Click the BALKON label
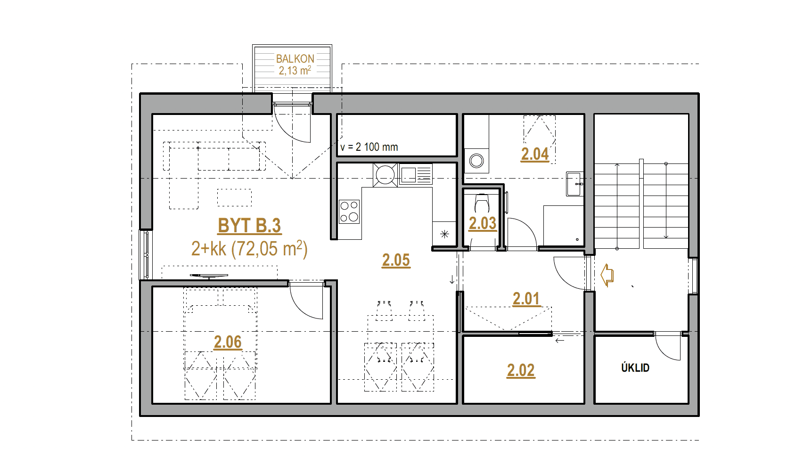295,58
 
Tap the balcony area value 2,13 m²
295,70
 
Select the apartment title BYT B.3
249,226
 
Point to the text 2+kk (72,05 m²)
249,248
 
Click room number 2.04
535,154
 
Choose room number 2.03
483,223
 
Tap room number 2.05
396,260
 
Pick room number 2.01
526,299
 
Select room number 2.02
521,370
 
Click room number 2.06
228,342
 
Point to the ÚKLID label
635,367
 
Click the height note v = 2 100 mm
369,147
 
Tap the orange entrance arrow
607,275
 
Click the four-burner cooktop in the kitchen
349,212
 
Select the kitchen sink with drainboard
416,175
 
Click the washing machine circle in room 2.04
476,160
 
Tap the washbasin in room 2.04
574,184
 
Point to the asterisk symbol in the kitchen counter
445,235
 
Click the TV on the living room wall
209,276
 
